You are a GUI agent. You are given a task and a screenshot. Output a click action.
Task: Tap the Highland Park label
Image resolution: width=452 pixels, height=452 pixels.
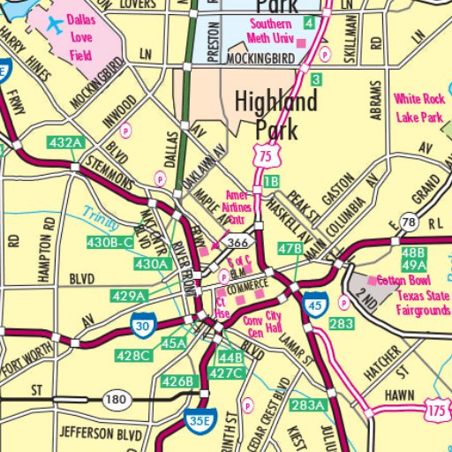275,115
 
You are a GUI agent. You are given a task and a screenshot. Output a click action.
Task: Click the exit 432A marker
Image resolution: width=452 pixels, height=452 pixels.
67,142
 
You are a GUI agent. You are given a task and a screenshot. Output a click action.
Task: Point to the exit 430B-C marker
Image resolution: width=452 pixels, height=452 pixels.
109,242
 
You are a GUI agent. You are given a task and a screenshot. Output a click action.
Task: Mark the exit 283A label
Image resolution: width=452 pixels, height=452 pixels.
308,405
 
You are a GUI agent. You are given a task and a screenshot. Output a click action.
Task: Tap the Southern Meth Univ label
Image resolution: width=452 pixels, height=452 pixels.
275,31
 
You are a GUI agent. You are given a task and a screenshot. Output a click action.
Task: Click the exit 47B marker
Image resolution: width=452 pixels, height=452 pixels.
290,249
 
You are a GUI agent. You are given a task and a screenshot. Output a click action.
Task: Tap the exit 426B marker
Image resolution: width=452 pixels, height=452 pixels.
177,380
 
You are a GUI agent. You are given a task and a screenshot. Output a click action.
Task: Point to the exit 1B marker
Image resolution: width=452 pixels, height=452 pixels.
271,181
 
